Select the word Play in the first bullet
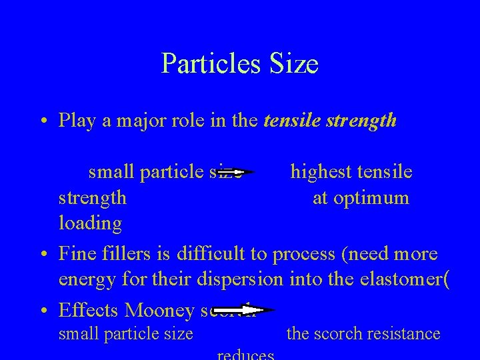tap(76, 121)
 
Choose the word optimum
tap(372, 198)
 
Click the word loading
tap(90, 223)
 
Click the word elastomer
tap(393, 279)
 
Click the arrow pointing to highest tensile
tap(238, 172)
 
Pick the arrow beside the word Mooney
tap(256, 310)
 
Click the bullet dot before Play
tap(42, 121)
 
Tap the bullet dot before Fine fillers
tap(42, 255)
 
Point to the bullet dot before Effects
tap(42, 311)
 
